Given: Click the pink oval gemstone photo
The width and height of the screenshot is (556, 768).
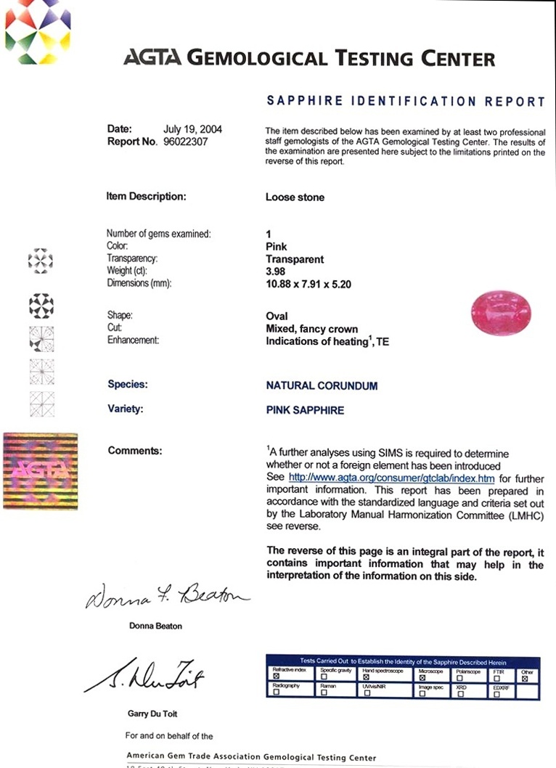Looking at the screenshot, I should click(499, 311).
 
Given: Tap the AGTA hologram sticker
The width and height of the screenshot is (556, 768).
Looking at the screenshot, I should click(41, 471).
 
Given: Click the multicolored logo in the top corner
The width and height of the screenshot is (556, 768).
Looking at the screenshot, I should click(38, 31).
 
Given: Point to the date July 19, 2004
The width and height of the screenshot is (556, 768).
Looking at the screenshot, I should click(192, 130).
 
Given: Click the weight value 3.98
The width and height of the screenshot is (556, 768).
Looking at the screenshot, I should click(277, 271).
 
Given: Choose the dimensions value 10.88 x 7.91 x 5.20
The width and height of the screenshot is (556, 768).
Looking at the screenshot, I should click(308, 285).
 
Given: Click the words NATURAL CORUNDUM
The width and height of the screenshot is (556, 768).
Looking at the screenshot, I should click(322, 385).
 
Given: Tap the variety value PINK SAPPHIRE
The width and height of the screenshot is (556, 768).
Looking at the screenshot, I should click(305, 410).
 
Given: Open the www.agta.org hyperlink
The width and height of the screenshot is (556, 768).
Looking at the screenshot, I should click(391, 478).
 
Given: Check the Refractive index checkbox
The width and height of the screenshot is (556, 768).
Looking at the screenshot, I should click(276, 675).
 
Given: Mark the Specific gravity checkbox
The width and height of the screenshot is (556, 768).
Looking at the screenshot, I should click(323, 675).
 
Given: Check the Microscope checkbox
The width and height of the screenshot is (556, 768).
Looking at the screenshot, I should click(422, 675).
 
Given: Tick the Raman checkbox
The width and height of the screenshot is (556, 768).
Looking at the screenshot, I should click(323, 693).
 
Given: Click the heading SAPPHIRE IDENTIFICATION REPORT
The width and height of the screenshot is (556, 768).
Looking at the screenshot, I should click(406, 102).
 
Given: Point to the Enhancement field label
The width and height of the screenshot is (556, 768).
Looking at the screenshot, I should click(133, 340).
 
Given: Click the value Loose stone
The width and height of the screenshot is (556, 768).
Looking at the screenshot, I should click(295, 197).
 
